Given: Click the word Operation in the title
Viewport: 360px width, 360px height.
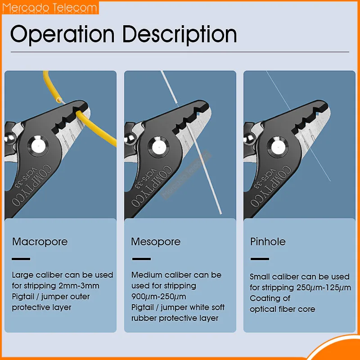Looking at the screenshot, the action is (62, 34).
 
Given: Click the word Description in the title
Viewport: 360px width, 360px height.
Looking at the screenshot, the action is (180, 35).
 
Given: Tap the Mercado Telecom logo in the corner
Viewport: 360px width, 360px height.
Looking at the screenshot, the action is (49, 8).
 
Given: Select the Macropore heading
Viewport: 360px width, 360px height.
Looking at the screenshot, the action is (40, 242).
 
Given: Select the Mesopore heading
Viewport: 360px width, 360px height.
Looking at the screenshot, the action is (156, 242).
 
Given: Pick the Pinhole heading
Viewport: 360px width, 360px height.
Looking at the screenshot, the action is (268, 242).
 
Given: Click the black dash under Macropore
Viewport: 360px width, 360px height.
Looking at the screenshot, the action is (21, 259).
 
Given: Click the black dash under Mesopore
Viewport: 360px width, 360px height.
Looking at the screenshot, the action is (141, 259).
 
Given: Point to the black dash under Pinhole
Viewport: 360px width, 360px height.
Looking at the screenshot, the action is (260, 259).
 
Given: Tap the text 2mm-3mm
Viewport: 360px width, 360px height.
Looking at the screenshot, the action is (79, 286).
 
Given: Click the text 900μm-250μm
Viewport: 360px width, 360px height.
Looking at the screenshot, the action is (159, 297).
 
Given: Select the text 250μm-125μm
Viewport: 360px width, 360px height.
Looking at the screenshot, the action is (324, 288).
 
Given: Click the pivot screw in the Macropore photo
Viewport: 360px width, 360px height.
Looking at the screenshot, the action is (38, 146).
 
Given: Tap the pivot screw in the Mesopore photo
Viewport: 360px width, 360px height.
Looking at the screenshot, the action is (158, 147).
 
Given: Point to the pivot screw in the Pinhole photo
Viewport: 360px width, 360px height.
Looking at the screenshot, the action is (278, 147).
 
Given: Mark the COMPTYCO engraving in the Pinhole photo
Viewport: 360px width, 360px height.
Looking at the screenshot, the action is (271, 185).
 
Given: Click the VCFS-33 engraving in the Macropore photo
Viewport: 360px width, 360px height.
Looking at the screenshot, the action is (26, 178).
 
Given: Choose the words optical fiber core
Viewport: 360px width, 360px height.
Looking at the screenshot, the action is (283, 309).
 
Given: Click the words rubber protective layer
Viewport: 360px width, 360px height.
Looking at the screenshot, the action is (175, 318).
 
